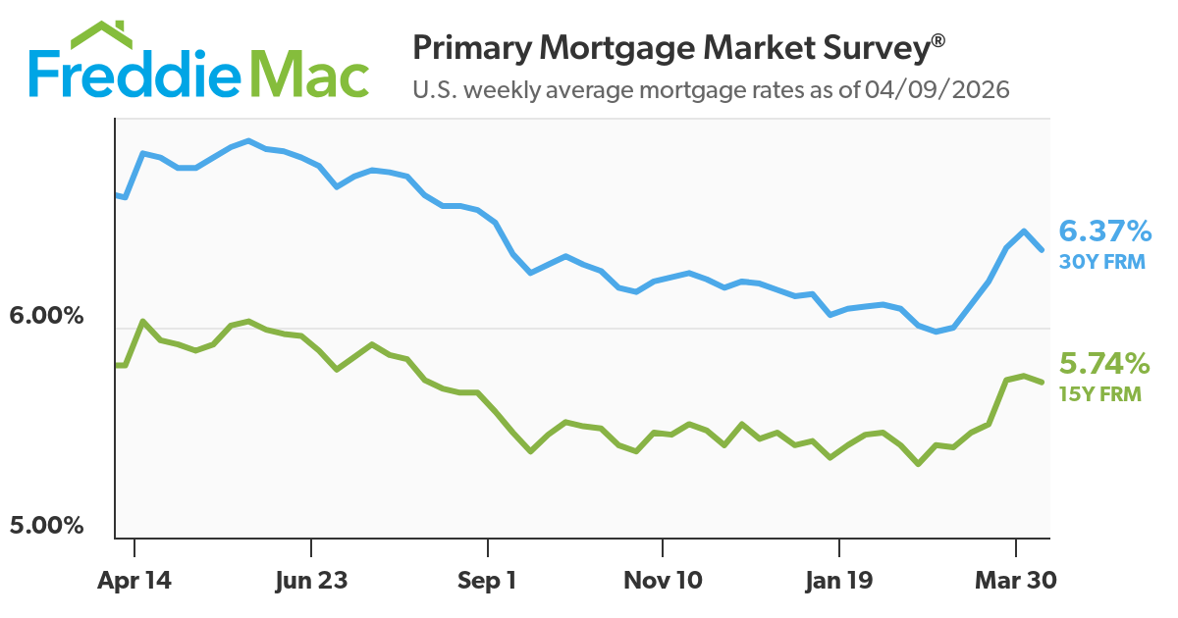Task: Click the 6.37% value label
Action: coord(1104,232)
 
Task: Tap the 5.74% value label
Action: coord(1104,365)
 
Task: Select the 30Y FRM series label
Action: coord(1101,262)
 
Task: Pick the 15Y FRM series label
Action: coord(1100,395)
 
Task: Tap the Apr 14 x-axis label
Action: coord(134,581)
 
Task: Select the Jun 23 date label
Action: coord(310,581)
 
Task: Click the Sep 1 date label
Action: coord(487,581)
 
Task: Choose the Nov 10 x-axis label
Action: coord(663,581)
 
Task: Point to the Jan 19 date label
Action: coord(838,581)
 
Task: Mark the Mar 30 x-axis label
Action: coord(1015,581)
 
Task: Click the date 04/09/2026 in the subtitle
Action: coord(937,91)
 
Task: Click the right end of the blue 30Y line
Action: coord(1042,249)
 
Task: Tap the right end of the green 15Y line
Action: coord(1042,381)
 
